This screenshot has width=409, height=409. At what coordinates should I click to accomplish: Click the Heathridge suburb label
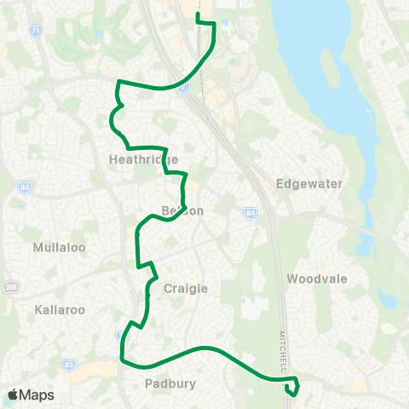(144, 159)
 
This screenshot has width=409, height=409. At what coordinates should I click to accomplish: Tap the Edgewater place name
(309, 184)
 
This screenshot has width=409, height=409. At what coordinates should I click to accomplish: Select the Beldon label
(182, 210)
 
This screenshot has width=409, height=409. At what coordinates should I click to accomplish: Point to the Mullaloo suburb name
(55, 248)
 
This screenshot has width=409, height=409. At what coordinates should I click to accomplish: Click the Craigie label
(186, 289)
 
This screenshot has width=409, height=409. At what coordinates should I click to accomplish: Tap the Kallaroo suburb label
(60, 309)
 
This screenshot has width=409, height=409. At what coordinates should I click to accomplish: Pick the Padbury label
(170, 383)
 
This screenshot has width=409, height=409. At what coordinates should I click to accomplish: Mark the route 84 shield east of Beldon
(250, 214)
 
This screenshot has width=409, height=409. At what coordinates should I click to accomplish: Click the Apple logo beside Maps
(14, 395)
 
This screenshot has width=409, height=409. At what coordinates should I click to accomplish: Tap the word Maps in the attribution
(38, 395)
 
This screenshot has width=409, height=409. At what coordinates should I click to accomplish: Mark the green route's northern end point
(198, 15)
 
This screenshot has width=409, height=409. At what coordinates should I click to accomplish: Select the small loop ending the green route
(293, 389)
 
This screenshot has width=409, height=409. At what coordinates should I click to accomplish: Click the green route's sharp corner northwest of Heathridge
(118, 83)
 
